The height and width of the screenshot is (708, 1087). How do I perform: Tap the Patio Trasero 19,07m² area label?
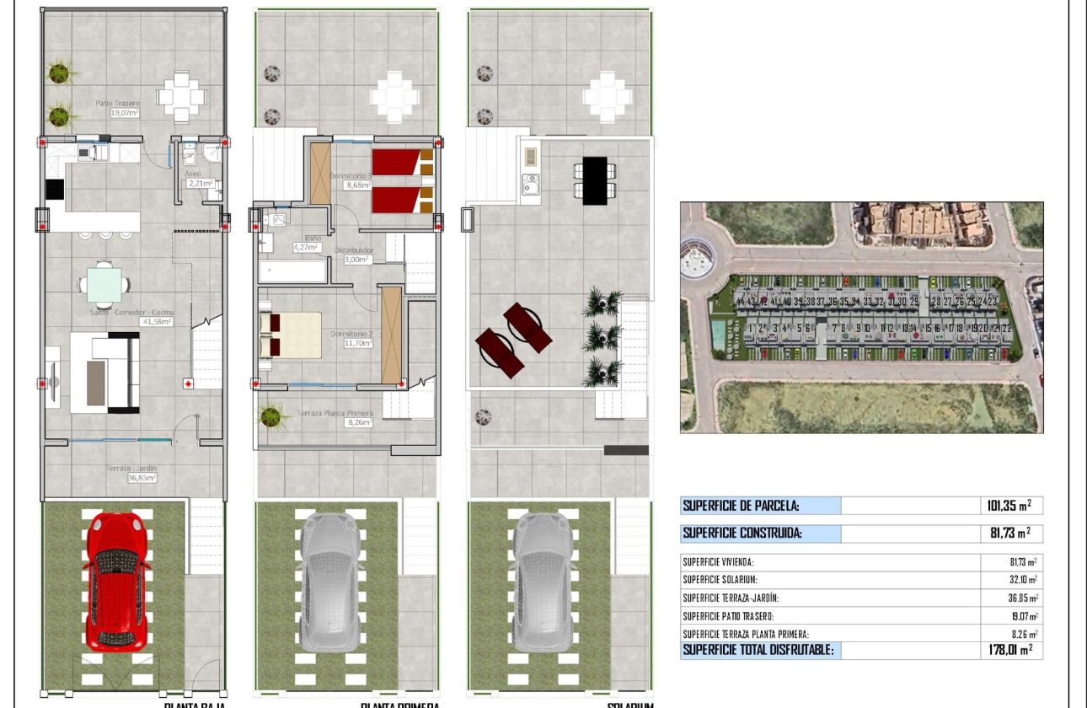tap(118, 108)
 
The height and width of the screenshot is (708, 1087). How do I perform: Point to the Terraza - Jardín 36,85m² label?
tap(131, 473)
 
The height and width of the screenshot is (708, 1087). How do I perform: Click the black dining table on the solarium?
tap(594, 180)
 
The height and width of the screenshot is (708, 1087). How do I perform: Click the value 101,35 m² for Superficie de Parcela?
tap(1009, 506)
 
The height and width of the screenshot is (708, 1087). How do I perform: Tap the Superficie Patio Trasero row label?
tap(728, 616)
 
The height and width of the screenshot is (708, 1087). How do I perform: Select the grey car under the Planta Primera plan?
tap(330, 582)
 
